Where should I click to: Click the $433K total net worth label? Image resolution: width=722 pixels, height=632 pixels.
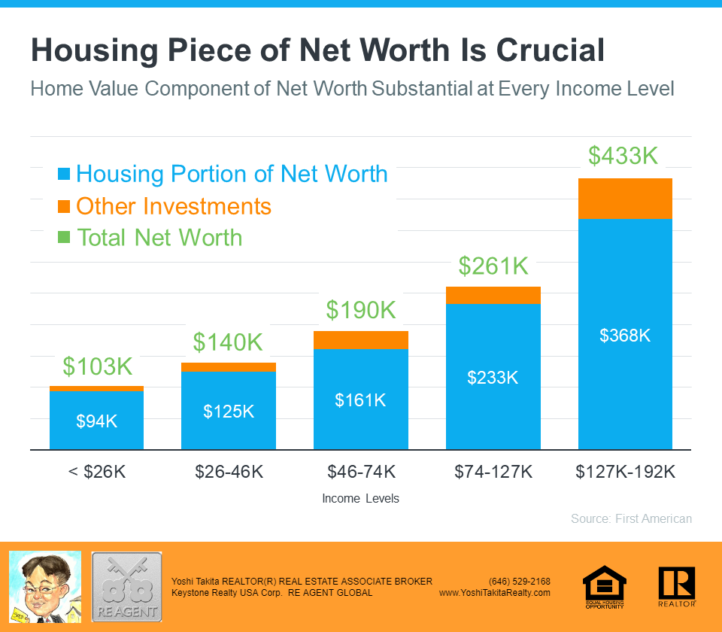[623, 156]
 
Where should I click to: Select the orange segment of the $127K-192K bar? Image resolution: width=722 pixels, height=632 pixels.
[624, 199]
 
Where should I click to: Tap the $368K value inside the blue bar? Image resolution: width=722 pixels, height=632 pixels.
[624, 336]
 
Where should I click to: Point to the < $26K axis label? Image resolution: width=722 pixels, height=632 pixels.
[96, 472]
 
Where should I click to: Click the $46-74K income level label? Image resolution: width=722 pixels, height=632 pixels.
[360, 472]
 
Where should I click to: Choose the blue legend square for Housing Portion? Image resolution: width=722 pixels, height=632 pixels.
[64, 175]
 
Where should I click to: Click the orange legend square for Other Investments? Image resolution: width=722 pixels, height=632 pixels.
[64, 206]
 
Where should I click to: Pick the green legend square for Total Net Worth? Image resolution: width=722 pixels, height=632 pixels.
[64, 238]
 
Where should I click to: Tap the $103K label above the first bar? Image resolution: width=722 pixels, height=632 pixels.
[97, 366]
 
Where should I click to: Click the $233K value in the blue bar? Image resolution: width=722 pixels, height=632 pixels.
[493, 378]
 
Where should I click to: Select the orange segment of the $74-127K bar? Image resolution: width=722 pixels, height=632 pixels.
[493, 295]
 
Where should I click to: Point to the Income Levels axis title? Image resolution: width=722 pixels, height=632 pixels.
[360, 499]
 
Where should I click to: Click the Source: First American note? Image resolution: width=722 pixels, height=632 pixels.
[631, 518]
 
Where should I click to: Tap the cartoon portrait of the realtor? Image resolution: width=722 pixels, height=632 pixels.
[44, 586]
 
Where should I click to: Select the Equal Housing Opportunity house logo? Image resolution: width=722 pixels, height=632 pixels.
[605, 585]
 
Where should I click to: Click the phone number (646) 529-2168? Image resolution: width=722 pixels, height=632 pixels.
[519, 581]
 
